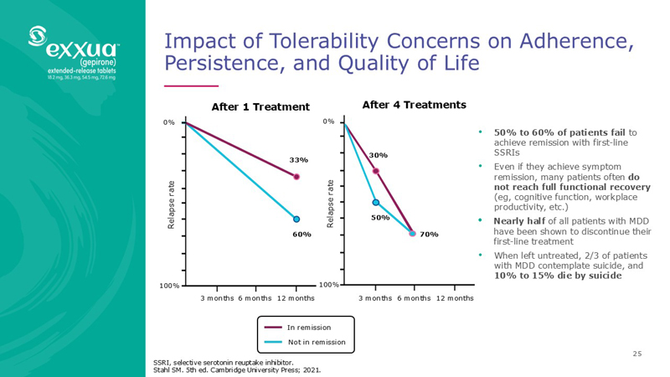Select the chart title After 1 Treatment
click(x=260, y=106)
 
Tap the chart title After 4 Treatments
click(x=414, y=105)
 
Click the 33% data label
click(x=299, y=159)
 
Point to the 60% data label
click(x=301, y=235)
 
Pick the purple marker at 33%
click(x=296, y=177)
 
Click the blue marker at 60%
click(x=296, y=219)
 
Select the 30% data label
click(x=379, y=155)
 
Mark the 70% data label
click(x=430, y=235)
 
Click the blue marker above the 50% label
click(x=376, y=202)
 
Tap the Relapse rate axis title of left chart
click(x=172, y=204)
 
